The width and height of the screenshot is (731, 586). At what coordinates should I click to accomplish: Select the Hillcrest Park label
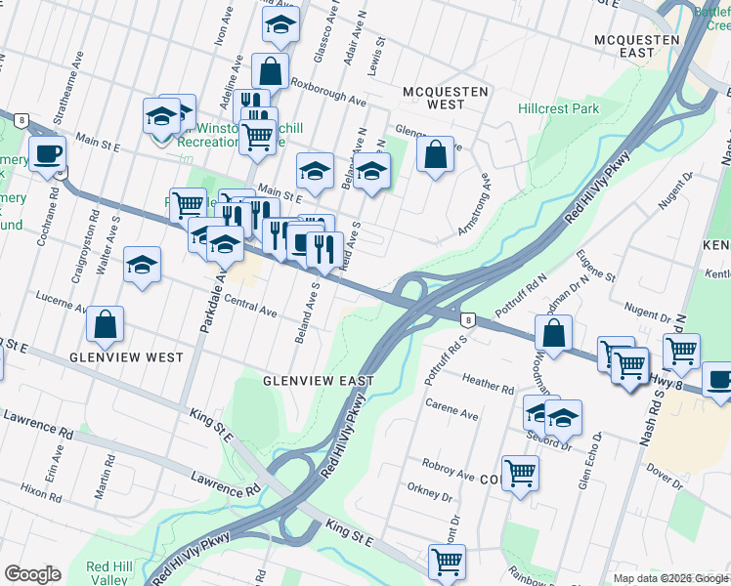coord(558,109)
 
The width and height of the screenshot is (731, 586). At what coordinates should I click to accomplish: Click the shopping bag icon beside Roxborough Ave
coord(271,71)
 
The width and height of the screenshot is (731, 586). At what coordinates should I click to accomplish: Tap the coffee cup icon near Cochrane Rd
coord(47,152)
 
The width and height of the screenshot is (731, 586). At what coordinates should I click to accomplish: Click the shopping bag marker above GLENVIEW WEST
coord(105,324)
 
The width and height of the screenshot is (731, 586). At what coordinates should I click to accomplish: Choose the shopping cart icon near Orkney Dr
coord(520,474)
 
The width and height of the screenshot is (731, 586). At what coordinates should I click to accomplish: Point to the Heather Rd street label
coord(488,387)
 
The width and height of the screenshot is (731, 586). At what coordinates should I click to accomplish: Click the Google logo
coord(32,574)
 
